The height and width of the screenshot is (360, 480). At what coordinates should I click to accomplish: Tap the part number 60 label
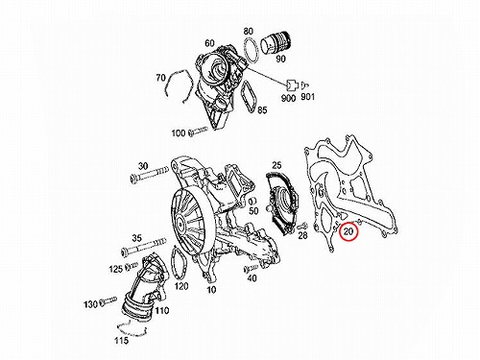pyautogui.click(x=209, y=43)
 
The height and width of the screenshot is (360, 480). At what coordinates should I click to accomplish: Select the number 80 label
pyautogui.click(x=249, y=31)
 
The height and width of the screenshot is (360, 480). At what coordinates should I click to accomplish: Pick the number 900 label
pyautogui.click(x=288, y=98)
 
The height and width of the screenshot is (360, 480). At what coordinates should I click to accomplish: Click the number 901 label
pyautogui.click(x=307, y=96)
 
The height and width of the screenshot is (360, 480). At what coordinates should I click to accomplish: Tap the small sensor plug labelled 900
pyautogui.click(x=291, y=84)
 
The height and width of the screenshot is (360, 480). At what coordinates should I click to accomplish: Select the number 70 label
pyautogui.click(x=161, y=78)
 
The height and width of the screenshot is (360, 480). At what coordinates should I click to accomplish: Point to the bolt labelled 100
pyautogui.click(x=198, y=131)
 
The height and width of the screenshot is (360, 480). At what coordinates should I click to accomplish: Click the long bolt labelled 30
pyautogui.click(x=149, y=175)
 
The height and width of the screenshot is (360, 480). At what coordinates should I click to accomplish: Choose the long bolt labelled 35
pyautogui.click(x=144, y=246)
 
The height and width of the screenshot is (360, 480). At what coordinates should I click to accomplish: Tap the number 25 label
pyautogui.click(x=276, y=165)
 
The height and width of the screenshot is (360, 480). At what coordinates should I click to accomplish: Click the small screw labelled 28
pyautogui.click(x=302, y=226)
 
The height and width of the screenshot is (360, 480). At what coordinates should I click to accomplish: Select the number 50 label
pyautogui.click(x=253, y=210)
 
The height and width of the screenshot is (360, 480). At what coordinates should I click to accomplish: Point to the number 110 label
pyautogui.click(x=162, y=310)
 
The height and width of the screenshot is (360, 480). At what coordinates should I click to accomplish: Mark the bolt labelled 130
pyautogui.click(x=108, y=300)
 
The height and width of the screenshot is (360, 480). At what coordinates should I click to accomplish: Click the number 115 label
pyautogui.click(x=122, y=340)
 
